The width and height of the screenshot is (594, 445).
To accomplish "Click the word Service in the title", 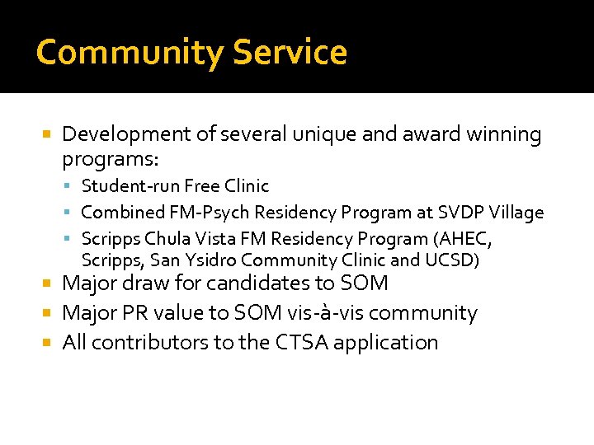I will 290,53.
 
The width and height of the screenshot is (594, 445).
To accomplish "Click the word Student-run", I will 130,186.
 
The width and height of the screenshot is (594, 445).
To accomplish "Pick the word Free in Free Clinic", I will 202,186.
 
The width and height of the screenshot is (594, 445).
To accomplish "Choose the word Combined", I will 123,213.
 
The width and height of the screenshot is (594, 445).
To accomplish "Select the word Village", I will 517,213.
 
